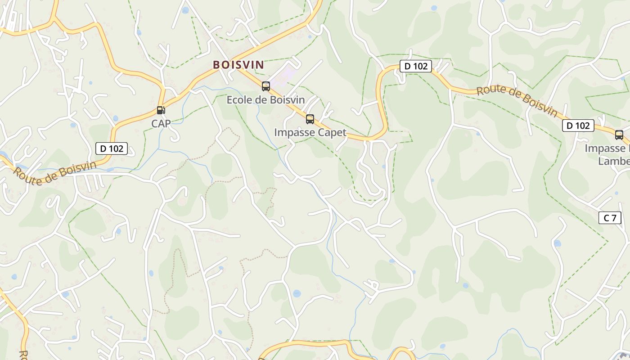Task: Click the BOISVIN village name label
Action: tap(238, 65)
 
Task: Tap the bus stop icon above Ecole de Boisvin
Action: tap(266, 86)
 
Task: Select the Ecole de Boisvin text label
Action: tap(265, 100)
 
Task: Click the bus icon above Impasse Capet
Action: tap(310, 119)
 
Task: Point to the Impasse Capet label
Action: tap(310, 133)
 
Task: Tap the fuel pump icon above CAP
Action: tap(161, 110)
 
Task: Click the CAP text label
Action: tap(161, 123)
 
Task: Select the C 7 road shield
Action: tap(610, 218)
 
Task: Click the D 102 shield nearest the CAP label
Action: tap(112, 148)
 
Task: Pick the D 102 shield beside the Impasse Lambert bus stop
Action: tap(578, 126)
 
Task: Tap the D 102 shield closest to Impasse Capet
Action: tap(416, 66)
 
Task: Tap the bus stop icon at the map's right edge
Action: tap(619, 135)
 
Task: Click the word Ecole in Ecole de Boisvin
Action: tap(239, 100)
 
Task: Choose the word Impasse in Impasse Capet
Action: tap(293, 133)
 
